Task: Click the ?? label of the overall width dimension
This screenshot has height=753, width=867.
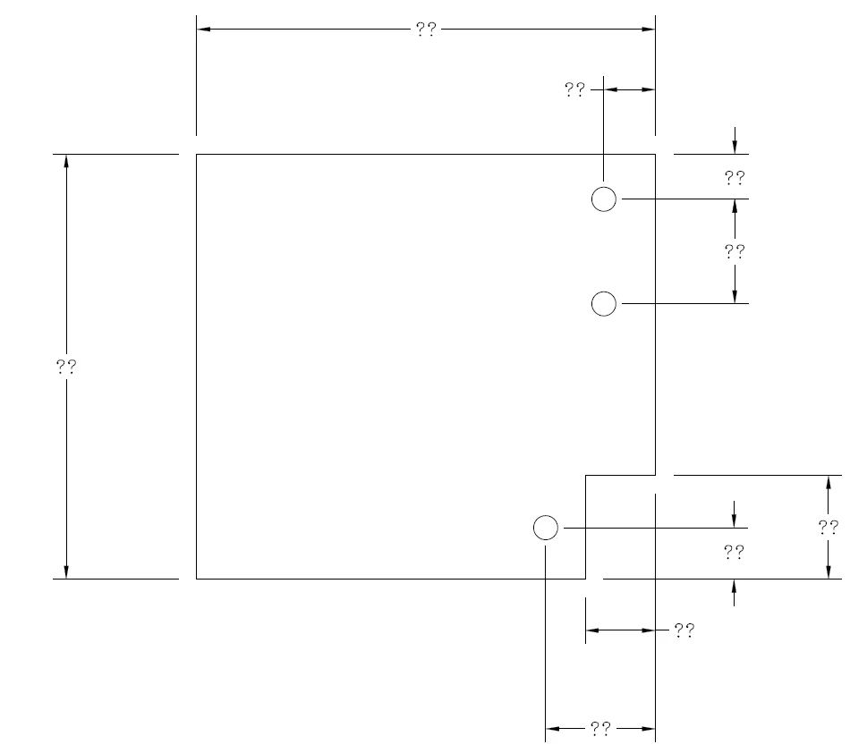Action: point(426,30)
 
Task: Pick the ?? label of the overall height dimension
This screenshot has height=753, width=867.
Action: point(66,366)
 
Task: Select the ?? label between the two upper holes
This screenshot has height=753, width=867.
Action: point(735,251)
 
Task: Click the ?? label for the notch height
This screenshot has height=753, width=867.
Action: point(829,528)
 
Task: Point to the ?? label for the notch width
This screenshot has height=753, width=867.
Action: point(684,630)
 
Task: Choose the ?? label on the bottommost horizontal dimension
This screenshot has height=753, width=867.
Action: point(600,729)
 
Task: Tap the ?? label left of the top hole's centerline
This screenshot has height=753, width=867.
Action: point(574,89)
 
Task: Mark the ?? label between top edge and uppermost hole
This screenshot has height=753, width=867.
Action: point(735,177)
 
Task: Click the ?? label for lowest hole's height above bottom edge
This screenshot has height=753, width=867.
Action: point(735,552)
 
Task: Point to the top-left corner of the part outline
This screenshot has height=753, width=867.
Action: point(196,154)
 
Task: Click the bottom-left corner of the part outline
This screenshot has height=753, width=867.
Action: point(196,579)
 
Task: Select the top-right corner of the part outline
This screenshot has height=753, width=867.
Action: point(655,154)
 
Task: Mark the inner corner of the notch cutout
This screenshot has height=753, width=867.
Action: point(585,475)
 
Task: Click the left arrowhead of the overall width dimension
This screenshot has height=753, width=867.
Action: point(203,30)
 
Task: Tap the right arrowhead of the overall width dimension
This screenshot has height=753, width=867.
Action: point(649,30)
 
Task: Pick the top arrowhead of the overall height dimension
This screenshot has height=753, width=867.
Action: point(66,161)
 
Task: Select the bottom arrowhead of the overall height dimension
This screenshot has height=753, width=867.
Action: point(66,572)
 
